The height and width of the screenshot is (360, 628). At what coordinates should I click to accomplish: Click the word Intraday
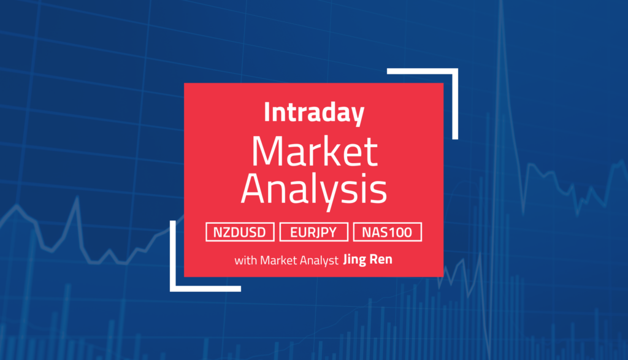click(313, 113)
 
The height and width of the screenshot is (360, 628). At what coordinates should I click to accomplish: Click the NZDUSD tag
click(240, 232)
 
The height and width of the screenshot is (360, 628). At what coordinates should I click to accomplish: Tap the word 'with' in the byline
click(245, 260)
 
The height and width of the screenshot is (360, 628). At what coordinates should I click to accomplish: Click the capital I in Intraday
click(267, 113)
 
